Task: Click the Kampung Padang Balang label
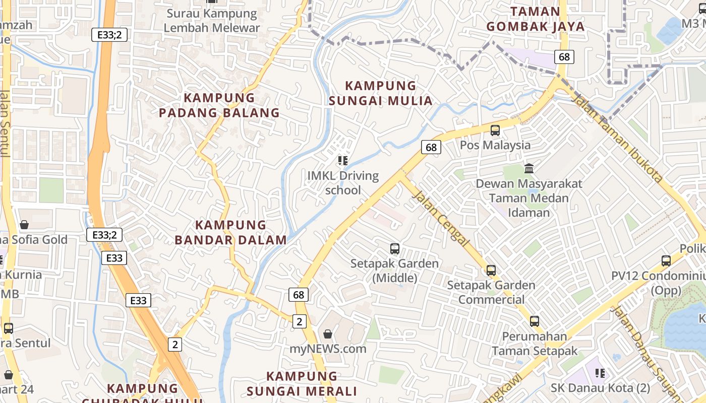coord(219,105)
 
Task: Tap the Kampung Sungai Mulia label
coord(381,93)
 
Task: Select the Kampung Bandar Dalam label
coord(231,232)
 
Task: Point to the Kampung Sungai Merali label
coord(302,383)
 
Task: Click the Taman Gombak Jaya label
coord(536,19)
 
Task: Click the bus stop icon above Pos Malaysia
coord(495,130)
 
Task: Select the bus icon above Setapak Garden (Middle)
coord(395,248)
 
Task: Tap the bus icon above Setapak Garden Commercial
coord(491,271)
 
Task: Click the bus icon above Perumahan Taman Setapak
coord(535,321)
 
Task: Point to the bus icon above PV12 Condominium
coord(666,261)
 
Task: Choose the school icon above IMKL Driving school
coord(343,161)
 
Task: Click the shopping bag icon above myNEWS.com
coord(328,333)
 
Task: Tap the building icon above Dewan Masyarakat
coord(529,168)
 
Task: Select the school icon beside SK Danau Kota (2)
coord(600,373)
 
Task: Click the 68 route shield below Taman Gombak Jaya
coord(564,57)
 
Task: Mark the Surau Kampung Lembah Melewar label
coord(212,21)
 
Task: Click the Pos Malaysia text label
coord(495,145)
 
